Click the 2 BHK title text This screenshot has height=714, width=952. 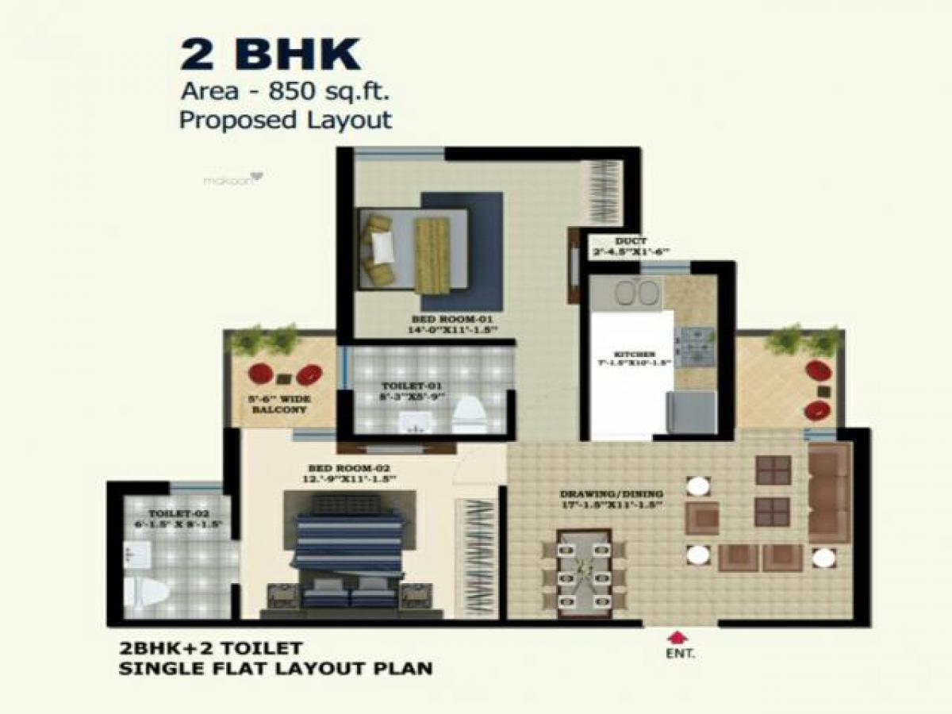(x=270, y=56)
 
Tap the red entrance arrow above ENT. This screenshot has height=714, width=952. (x=676, y=636)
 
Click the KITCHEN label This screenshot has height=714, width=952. (x=634, y=354)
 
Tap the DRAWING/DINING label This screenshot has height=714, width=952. (x=611, y=493)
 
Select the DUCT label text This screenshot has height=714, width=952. (x=631, y=241)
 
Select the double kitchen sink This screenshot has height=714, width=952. (x=637, y=294)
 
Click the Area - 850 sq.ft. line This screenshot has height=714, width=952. (x=285, y=91)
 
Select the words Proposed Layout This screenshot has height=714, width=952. (x=285, y=120)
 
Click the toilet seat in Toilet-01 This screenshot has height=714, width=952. (x=469, y=414)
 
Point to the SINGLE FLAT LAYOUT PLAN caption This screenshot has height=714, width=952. (x=275, y=668)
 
